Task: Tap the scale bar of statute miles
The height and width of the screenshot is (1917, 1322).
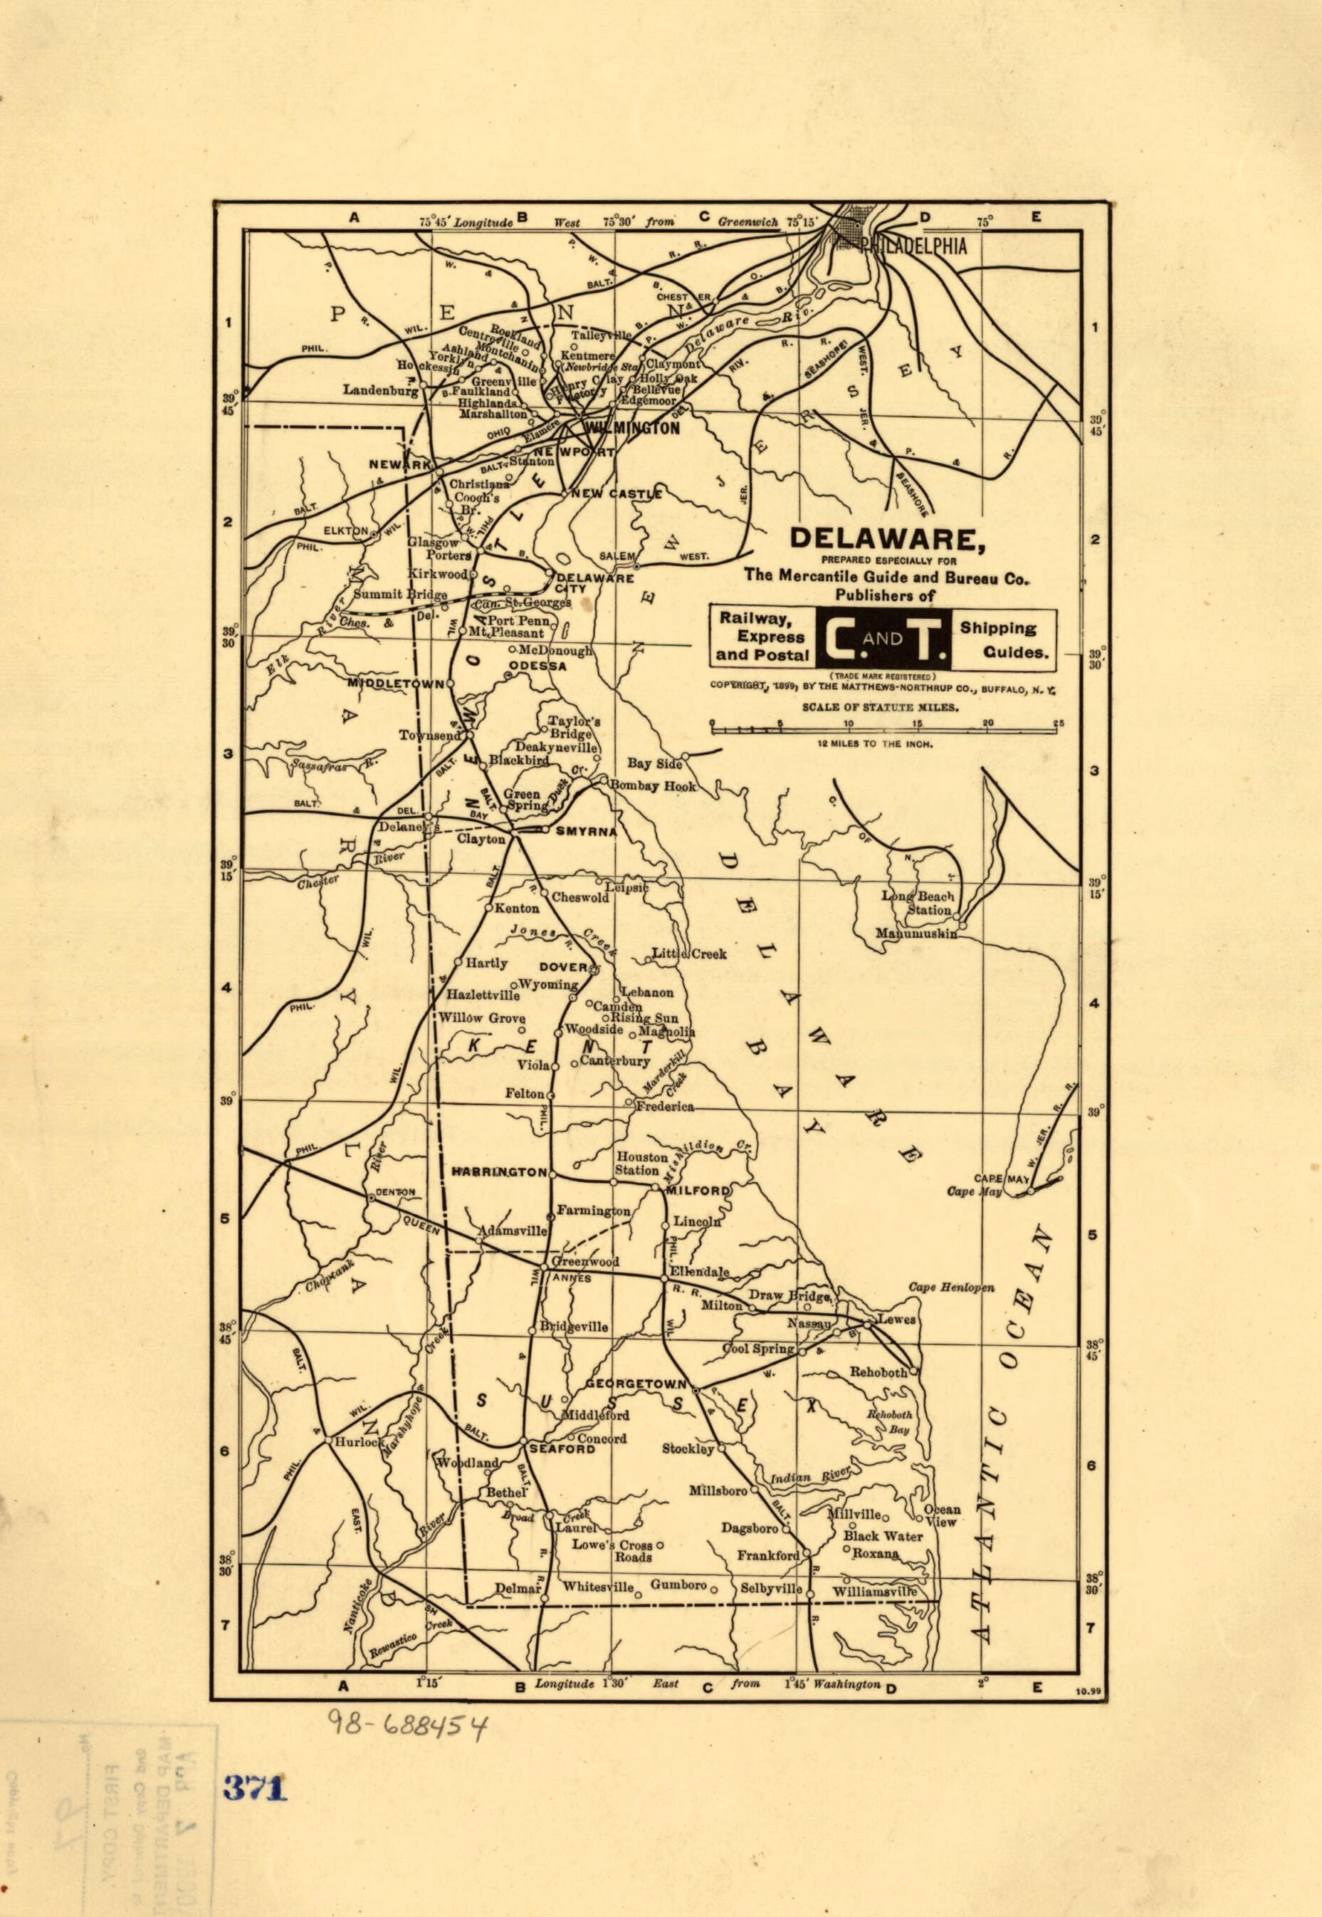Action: point(883,730)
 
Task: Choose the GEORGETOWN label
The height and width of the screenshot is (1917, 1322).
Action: point(636,1384)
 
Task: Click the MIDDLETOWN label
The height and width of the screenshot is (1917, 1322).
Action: point(396,684)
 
